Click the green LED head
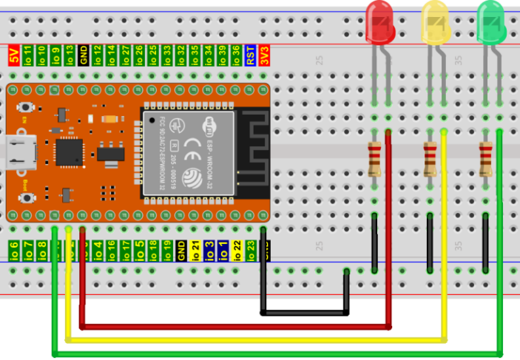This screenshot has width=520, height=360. pyautogui.click(x=491, y=21)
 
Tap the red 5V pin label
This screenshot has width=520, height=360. pyautogui.click(x=13, y=55)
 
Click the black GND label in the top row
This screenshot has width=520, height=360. pyautogui.click(x=84, y=55)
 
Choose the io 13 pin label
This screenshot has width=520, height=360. pyautogui.click(x=70, y=55)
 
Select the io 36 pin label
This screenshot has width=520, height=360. pyautogui.click(x=237, y=55)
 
